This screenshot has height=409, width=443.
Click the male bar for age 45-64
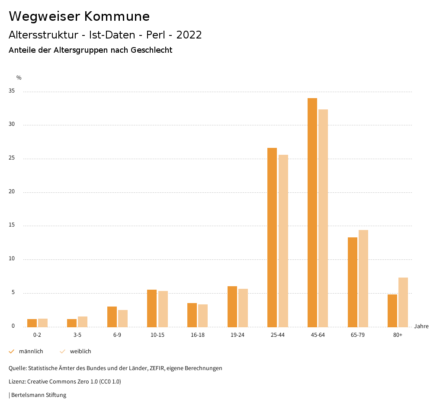tap(312, 212)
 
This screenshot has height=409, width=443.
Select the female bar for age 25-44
tap(283, 240)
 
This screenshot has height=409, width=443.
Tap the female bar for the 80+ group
tap(403, 302)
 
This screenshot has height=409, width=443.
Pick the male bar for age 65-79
tap(353, 282)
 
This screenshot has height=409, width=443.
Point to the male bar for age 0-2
tap(32, 323)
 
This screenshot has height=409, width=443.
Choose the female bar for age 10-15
tap(163, 309)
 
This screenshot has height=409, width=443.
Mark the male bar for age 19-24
tap(232, 306)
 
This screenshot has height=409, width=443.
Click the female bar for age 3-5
tap(83, 322)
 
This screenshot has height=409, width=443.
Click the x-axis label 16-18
tap(198, 335)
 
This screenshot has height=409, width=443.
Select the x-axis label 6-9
tap(117, 335)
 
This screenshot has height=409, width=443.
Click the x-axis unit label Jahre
tap(421, 326)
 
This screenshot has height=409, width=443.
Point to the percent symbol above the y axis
tap(19, 78)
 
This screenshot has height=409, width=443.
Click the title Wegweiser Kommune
tap(79, 16)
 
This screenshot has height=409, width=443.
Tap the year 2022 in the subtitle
tap(189, 35)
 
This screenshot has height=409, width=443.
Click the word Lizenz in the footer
tap(17, 382)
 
